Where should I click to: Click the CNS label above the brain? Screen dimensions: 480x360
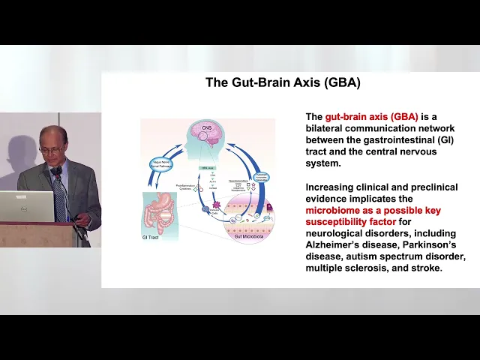(207, 128)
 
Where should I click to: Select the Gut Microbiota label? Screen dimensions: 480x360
(250, 236)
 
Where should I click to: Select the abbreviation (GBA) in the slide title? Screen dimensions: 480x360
(343, 82)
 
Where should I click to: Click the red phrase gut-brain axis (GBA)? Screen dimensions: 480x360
(371, 117)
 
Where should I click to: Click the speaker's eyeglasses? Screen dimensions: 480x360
(51, 148)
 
